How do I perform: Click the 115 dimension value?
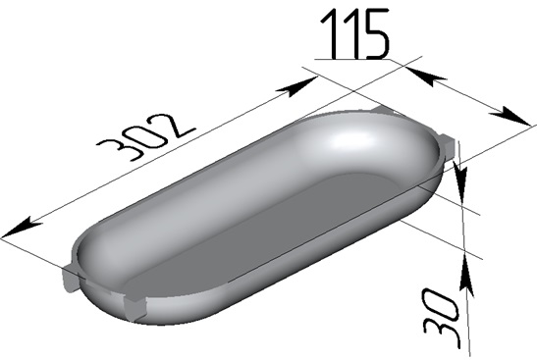click(x=355, y=33)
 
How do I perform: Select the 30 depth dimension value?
click(x=441, y=315)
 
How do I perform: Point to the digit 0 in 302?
click(x=146, y=134)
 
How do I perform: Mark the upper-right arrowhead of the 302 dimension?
click(x=298, y=86)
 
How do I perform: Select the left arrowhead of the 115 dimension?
click(x=425, y=77)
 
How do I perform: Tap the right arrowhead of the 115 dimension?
click(x=512, y=117)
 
